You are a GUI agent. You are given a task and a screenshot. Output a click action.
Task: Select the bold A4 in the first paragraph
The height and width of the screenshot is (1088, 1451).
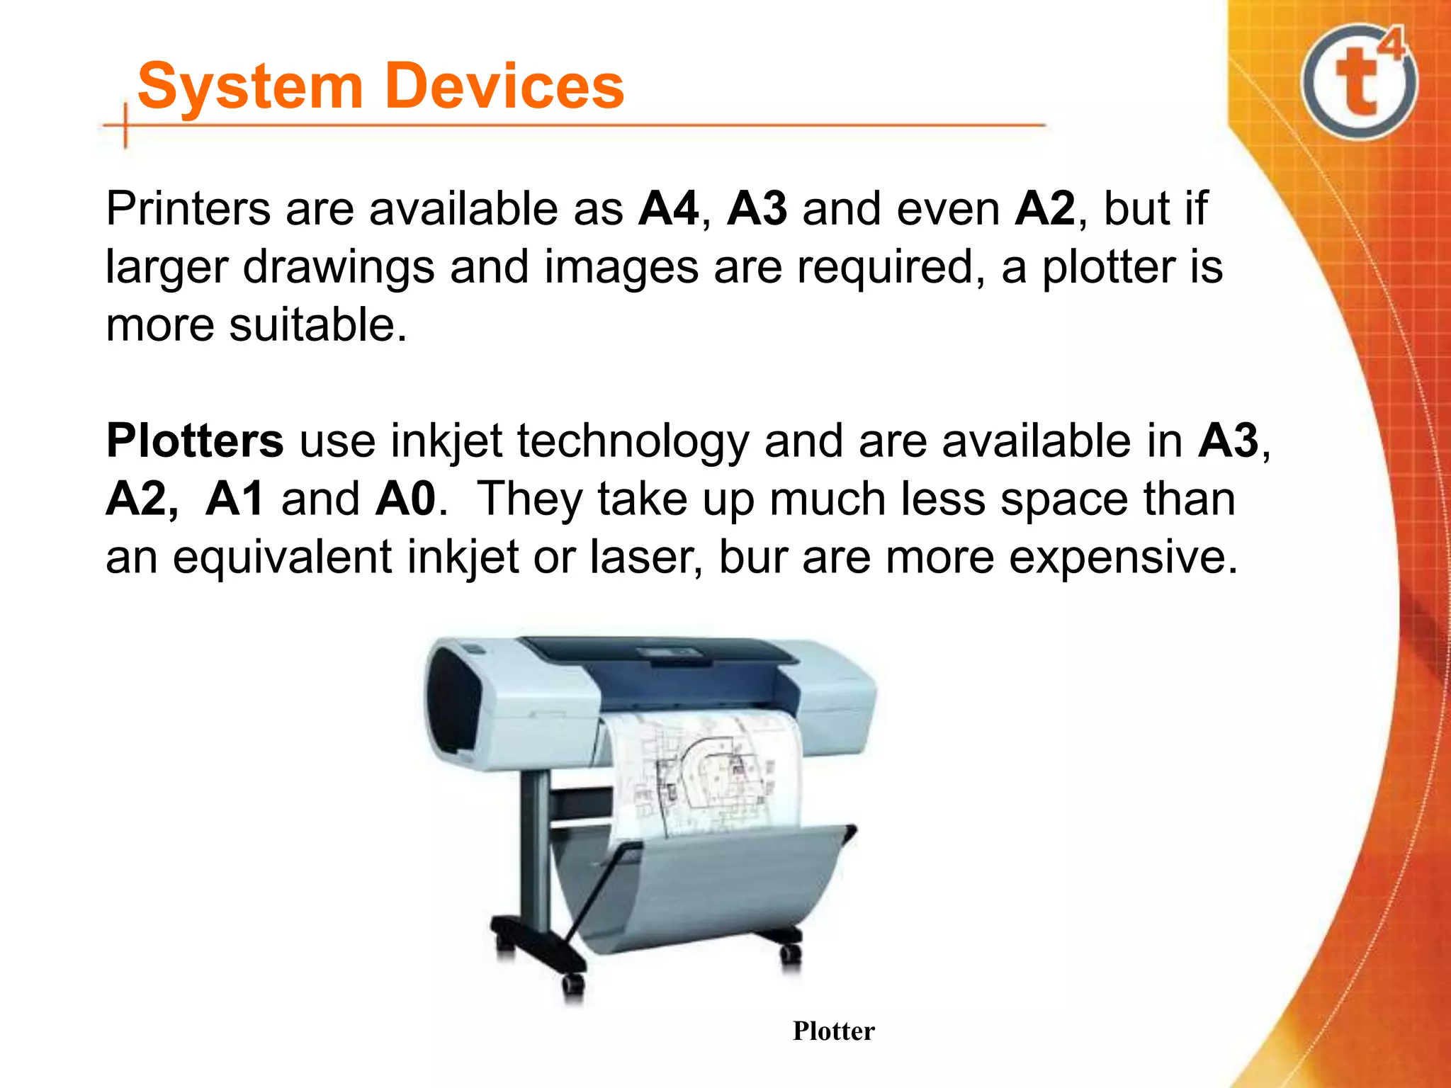tap(668, 209)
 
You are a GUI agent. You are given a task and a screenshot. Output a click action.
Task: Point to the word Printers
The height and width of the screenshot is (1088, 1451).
tap(188, 209)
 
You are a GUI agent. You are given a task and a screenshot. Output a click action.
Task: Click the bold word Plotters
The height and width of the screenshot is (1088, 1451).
tap(194, 441)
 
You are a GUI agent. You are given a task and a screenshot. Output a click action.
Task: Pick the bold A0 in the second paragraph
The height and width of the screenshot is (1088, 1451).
tap(405, 499)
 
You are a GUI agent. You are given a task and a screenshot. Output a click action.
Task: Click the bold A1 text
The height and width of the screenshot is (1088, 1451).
tap(235, 499)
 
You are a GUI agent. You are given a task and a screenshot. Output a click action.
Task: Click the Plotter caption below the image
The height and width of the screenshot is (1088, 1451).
tap(833, 1031)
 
